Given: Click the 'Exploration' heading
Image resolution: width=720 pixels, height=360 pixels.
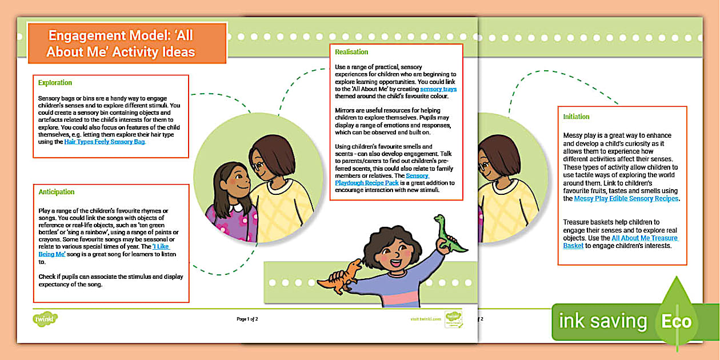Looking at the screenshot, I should click(55, 83).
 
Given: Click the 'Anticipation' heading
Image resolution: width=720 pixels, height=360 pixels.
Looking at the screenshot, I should click(56, 192).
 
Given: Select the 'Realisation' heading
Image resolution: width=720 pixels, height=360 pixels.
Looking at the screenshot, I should click(351, 52).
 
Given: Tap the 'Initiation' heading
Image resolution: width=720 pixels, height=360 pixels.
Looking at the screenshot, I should click(576, 117).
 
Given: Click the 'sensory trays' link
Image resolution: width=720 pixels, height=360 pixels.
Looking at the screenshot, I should click(438, 89).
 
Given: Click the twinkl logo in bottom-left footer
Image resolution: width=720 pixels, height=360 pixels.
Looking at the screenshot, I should click(45, 318).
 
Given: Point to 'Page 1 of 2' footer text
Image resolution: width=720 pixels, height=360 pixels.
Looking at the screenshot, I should click(247, 319).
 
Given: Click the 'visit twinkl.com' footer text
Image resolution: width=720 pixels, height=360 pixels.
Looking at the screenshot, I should click(426, 319).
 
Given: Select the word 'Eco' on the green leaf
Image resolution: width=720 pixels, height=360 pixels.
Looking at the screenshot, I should click(676, 321).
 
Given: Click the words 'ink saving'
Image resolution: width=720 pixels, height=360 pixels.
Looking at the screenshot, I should click(602, 321).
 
